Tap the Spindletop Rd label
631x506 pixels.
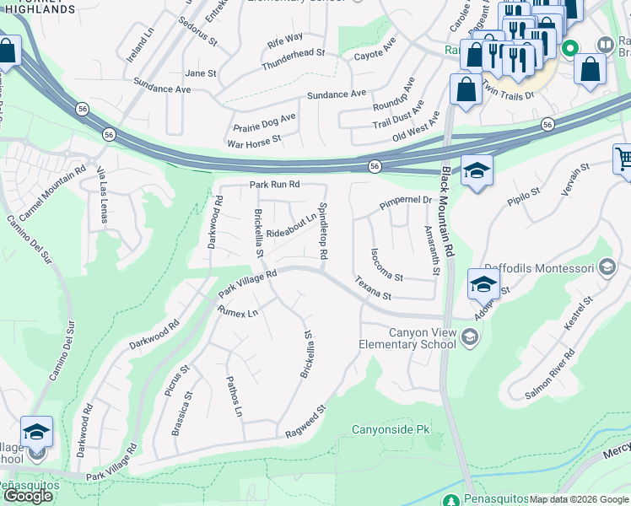point(321,230)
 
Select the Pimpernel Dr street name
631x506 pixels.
point(405,202)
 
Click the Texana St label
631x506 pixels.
point(373,288)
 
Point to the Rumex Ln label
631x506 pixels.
point(238,312)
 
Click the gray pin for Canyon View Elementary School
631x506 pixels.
point(470,338)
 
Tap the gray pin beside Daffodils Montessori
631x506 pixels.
point(606,267)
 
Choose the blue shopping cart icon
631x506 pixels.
point(623,158)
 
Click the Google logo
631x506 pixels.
point(28,495)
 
